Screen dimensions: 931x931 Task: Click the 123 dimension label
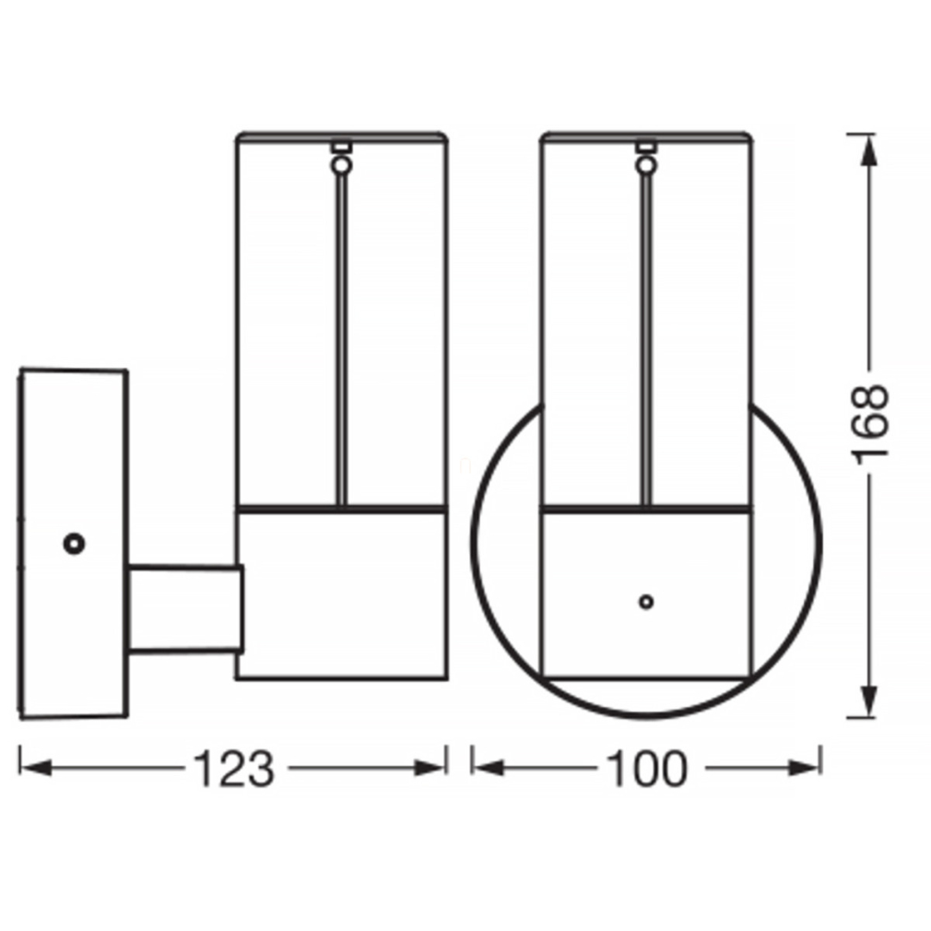click(234, 769)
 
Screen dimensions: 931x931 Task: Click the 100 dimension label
click(646, 769)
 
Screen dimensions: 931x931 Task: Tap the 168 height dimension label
click(870, 425)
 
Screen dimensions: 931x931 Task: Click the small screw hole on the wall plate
click(75, 543)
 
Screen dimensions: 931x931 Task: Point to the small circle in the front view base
click(646, 602)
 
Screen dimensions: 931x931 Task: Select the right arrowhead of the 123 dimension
click(430, 768)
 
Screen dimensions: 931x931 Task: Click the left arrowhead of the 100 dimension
click(488, 768)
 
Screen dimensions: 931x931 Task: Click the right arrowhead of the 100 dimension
click(805, 768)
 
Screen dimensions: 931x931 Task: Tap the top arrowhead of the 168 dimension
click(869, 151)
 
